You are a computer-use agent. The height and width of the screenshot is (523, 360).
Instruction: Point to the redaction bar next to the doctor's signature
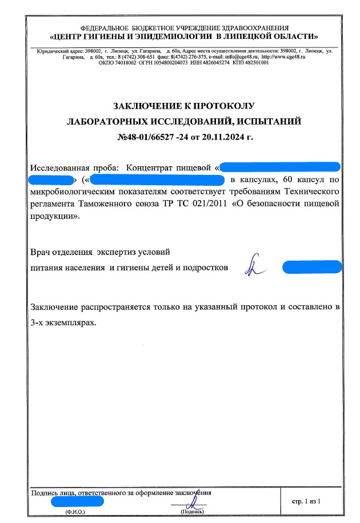[311, 266]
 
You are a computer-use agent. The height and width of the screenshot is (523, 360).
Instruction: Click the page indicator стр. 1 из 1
[308, 501]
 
